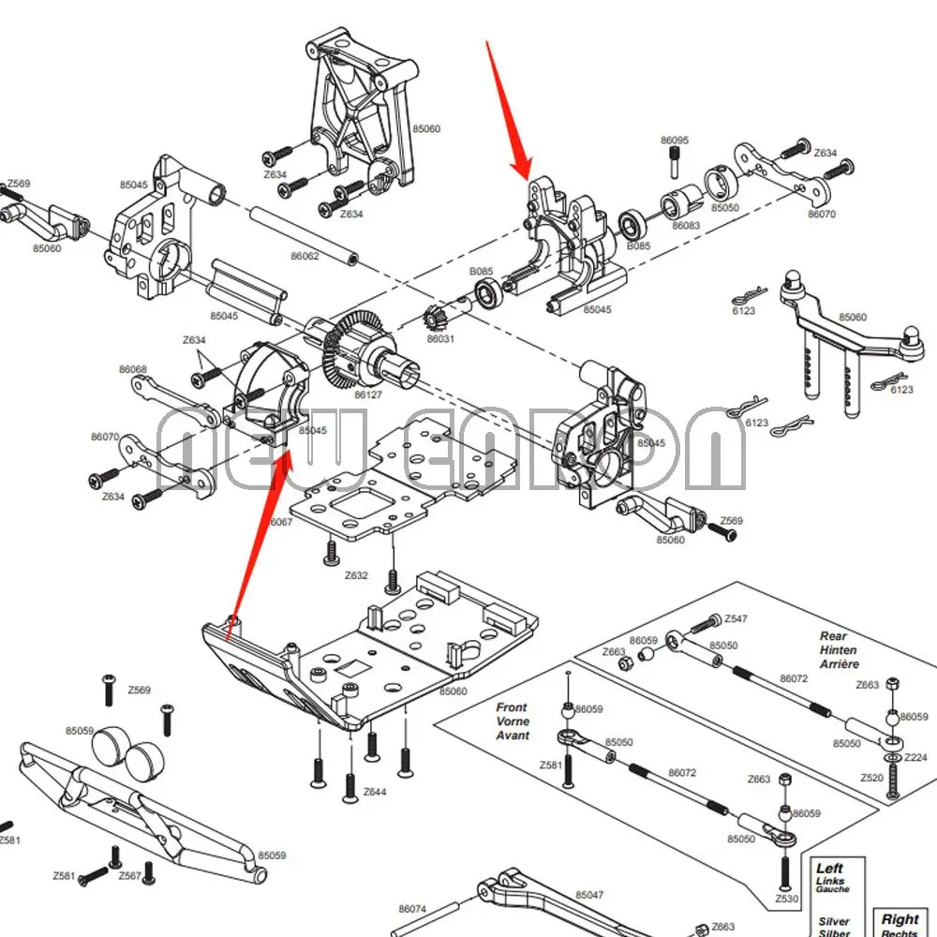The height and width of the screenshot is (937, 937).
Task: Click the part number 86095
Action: click(x=675, y=141)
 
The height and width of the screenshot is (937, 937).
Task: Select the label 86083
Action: click(x=686, y=225)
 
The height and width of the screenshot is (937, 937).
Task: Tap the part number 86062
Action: click(x=305, y=256)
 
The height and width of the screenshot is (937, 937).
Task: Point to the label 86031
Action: click(x=440, y=338)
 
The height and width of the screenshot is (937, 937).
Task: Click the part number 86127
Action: click(x=368, y=396)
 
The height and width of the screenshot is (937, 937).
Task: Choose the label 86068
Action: click(x=132, y=369)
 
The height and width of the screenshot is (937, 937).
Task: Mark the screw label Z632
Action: click(x=356, y=575)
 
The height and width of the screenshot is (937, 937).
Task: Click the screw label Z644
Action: click(x=375, y=793)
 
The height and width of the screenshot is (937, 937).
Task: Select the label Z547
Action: click(x=736, y=618)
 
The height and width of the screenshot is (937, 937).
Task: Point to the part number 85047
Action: click(x=589, y=896)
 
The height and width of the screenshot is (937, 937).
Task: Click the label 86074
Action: click(x=412, y=909)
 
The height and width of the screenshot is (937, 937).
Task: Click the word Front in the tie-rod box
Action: click(x=512, y=707)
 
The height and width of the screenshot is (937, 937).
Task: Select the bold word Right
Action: click(x=900, y=919)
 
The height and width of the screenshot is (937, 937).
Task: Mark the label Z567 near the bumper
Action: click(x=130, y=876)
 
